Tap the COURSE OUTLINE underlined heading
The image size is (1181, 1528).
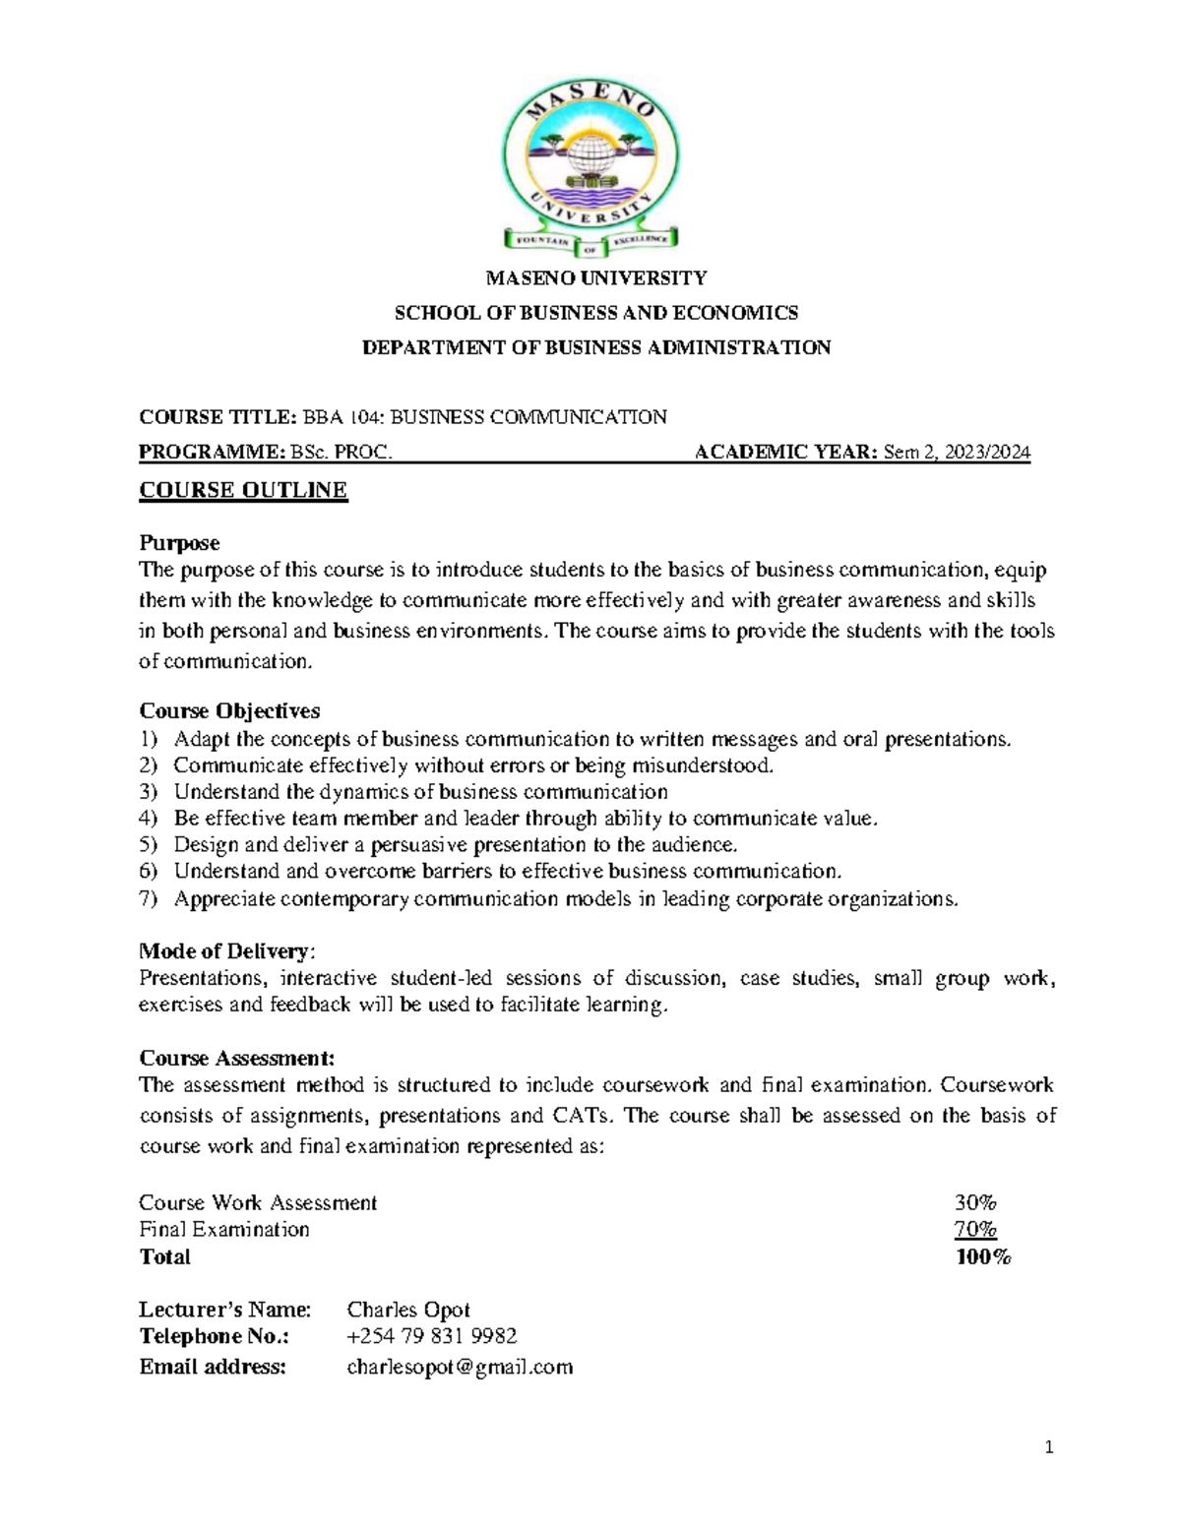tap(243, 490)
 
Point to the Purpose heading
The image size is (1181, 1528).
tap(179, 543)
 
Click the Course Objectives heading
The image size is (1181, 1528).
tap(229, 710)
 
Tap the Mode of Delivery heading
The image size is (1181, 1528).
tap(225, 951)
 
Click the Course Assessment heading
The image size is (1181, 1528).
tap(236, 1059)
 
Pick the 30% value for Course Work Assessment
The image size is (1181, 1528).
tap(974, 1202)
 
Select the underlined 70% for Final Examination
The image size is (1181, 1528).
tap(974, 1230)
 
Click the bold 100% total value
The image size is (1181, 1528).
tap(982, 1257)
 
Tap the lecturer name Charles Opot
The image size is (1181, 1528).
tap(408, 1310)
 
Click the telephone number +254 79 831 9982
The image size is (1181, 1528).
tap(431, 1336)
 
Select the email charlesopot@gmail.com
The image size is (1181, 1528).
tap(460, 1367)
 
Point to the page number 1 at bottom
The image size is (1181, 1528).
tap(1049, 1446)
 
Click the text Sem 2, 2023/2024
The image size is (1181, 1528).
tap(957, 453)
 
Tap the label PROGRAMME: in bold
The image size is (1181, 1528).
tap(211, 453)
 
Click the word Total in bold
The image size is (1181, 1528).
tap(164, 1257)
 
